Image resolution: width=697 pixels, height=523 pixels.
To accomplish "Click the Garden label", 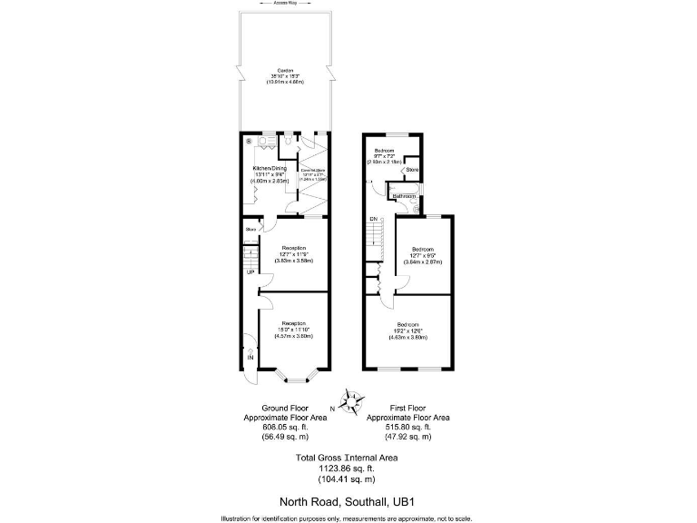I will coord(285,71).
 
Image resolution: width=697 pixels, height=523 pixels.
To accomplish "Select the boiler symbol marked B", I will coord(249,141).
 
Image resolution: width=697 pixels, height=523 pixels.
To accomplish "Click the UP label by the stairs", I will coord(250,272).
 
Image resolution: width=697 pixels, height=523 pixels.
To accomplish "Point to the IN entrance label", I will coord(250,357).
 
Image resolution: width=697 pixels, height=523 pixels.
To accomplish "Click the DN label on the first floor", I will coord(372,220).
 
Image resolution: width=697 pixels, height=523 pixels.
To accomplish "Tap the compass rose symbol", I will coord(349,400).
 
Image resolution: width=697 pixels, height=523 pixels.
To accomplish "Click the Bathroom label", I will coord(404,196).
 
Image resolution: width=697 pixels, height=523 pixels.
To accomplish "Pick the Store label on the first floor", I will coord(411,170).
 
